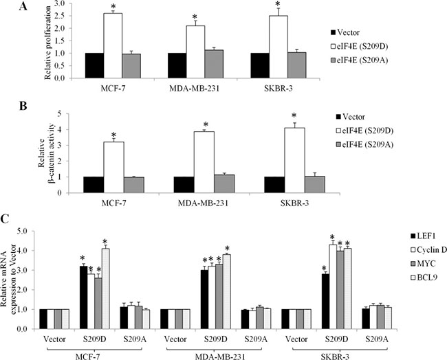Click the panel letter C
click(x=7, y=218)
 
